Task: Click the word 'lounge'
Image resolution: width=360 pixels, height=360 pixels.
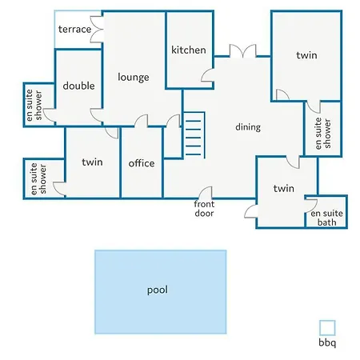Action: click(x=134, y=78)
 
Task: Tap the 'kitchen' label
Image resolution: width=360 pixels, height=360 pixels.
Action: click(x=189, y=50)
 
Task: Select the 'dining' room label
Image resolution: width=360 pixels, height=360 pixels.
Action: click(x=248, y=127)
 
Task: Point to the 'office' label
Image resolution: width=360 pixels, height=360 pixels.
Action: click(x=142, y=163)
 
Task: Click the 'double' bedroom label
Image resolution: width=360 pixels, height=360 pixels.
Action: click(x=78, y=86)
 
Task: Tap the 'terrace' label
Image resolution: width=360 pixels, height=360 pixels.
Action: click(x=74, y=29)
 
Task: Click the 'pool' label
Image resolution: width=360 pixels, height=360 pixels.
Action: click(x=158, y=290)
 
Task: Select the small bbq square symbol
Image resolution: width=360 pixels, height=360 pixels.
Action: click(x=327, y=328)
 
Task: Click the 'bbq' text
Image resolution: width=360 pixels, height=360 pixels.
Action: click(x=327, y=342)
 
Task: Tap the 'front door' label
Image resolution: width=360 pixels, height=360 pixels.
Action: click(x=204, y=209)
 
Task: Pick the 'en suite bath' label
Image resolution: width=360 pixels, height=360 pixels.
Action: click(x=327, y=218)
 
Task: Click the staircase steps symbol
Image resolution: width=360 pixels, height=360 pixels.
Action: click(x=194, y=135)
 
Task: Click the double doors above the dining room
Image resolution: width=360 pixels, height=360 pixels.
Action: click(x=243, y=51)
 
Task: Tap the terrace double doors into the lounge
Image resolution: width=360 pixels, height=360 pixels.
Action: click(x=97, y=30)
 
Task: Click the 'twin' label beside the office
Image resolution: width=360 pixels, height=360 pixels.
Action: click(x=92, y=162)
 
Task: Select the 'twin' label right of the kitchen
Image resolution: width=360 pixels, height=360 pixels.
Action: click(x=306, y=55)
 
